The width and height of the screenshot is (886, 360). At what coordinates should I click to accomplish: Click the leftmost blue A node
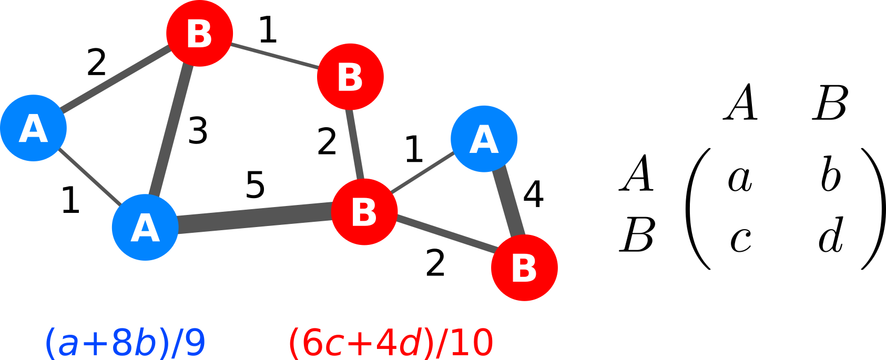[x=33, y=128]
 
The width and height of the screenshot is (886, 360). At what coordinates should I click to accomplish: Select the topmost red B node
[x=199, y=33]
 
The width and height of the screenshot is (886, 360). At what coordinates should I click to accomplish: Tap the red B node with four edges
[x=364, y=211]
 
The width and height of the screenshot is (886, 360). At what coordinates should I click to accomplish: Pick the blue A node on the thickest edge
[x=145, y=227]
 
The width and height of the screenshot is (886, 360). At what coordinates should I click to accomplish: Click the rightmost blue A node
[x=484, y=139]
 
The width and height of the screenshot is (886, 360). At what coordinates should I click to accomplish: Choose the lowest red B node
[x=524, y=268]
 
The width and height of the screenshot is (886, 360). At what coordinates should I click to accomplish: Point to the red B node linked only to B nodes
[x=350, y=77]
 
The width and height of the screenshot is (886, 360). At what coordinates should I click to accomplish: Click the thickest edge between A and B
[x=255, y=218]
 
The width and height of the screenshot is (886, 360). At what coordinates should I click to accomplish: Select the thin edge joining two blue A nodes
[x=89, y=178]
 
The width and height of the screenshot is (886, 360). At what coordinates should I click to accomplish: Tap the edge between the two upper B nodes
[x=274, y=55]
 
